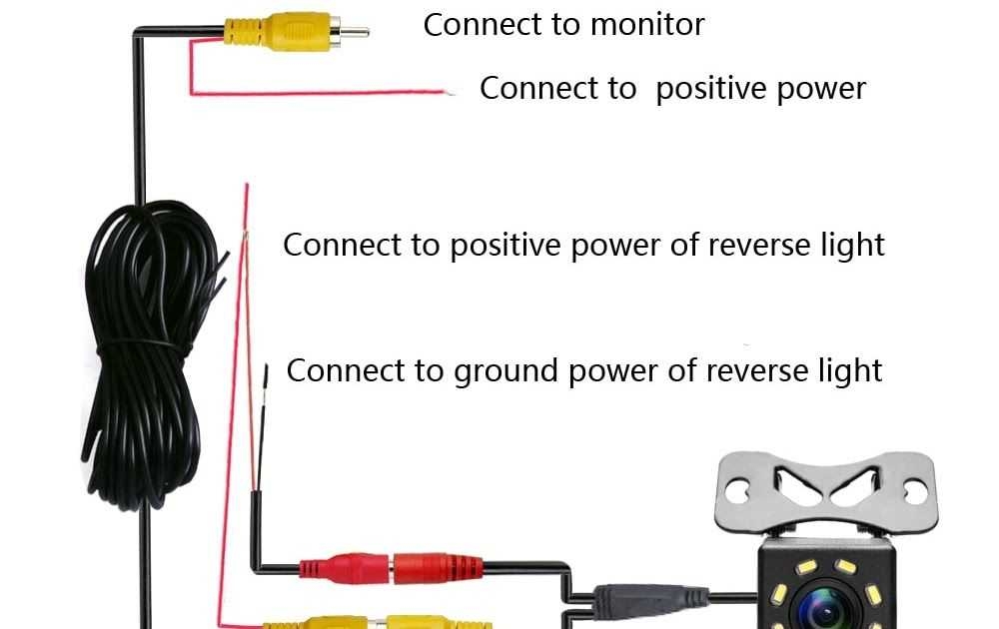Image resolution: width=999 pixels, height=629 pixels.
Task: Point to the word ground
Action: click(506, 371)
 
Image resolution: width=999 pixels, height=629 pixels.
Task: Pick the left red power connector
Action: click(346, 569)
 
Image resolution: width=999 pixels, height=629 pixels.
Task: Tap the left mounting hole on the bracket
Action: click(738, 490)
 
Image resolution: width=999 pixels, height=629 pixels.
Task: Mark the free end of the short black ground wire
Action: click(267, 371)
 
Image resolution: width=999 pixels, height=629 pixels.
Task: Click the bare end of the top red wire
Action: click(451, 93)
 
